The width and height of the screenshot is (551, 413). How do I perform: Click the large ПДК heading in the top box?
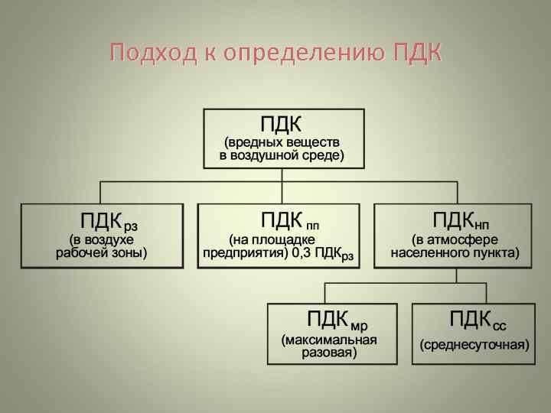pyautogui.click(x=282, y=123)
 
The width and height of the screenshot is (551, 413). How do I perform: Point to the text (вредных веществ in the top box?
pyautogui.click(x=282, y=142)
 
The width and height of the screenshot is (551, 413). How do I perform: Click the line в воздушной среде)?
pyautogui.click(x=282, y=155)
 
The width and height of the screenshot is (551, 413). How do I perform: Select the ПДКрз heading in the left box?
pyautogui.click(x=108, y=223)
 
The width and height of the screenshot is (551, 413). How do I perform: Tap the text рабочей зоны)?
pyautogui.click(x=102, y=253)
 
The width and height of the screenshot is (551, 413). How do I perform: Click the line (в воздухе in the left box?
pyautogui.click(x=102, y=240)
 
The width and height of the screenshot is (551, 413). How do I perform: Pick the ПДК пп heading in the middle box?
pyautogui.click(x=290, y=222)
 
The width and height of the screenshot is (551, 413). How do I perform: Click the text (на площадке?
pyautogui.click(x=277, y=240)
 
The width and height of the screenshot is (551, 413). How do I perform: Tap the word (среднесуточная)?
pyautogui.click(x=474, y=344)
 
